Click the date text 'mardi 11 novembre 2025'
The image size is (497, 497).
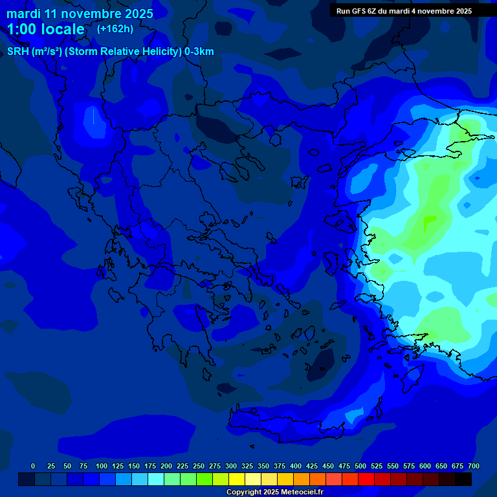tap(80, 14)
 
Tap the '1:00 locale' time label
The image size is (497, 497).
tap(45, 30)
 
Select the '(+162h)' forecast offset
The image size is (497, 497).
tap(115, 29)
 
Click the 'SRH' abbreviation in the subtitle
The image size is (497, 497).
tap(18, 52)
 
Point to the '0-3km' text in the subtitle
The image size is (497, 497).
tap(199, 52)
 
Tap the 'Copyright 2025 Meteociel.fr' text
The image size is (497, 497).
tap(275, 492)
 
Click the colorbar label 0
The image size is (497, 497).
tap(33, 466)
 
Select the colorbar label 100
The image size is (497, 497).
tap(102, 466)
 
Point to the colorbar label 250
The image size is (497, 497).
tap(199, 466)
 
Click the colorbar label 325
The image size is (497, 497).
tap(247, 466)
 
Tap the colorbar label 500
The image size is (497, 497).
tap(360, 466)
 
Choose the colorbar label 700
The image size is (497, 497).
tap(474, 466)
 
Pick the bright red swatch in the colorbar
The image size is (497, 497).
tap(366, 479)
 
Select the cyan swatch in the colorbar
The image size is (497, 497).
tap(156, 479)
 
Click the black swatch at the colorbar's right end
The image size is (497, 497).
tap(463, 479)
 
